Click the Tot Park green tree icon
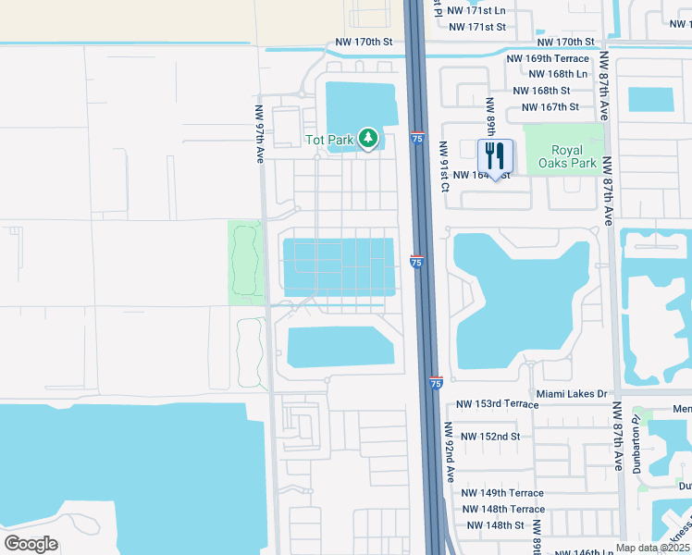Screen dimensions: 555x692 [369, 140]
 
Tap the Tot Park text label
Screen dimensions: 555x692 [329, 141]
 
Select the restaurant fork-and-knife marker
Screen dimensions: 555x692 [495, 156]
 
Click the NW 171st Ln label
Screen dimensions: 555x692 [476, 10]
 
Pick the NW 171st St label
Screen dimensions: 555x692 [476, 27]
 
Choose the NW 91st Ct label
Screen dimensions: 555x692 [444, 166]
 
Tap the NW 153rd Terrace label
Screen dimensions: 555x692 [498, 404]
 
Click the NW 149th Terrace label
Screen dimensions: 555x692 [503, 493]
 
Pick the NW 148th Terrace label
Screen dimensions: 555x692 [503, 510]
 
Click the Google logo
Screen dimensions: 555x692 [31, 543]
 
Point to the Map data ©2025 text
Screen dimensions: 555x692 [651, 548]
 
